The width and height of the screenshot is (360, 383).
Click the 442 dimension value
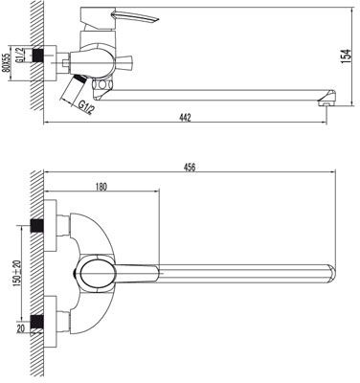185,118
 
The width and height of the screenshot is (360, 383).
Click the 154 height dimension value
347,56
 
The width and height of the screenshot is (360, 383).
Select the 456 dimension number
190,168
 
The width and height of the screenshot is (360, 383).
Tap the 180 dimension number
101,187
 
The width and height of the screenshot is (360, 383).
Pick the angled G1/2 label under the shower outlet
86,107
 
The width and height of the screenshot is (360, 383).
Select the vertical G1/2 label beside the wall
20,55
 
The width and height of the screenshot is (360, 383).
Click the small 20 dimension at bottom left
20,328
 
